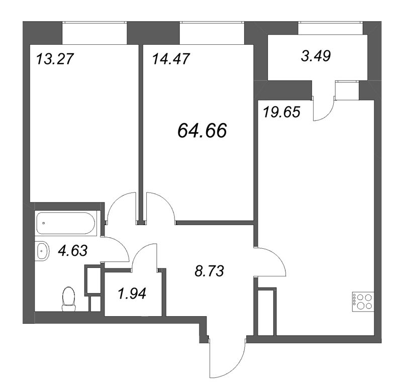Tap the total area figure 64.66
pos(202,131)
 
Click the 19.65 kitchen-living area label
pos(281,112)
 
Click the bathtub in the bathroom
pos(65,223)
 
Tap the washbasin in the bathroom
pos(42,250)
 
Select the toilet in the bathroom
pos(66,299)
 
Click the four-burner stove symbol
pos(362,301)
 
